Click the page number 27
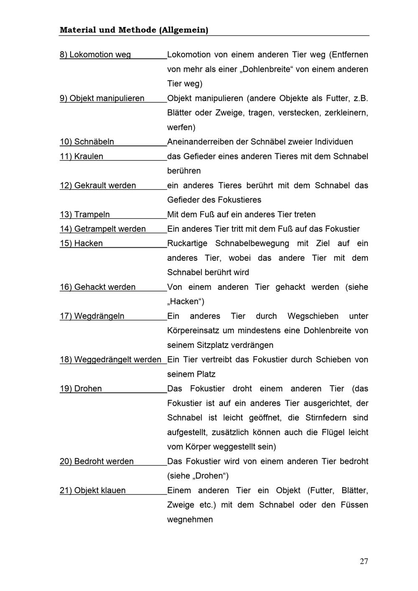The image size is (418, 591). click(x=364, y=561)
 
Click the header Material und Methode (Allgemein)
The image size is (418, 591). click(x=134, y=30)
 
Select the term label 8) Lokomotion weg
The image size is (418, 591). click(x=95, y=55)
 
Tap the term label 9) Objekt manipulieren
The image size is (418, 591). click(x=102, y=98)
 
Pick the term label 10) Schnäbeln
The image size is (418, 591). click(x=87, y=142)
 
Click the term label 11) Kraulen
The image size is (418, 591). click(x=82, y=156)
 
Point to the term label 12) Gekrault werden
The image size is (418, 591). click(x=98, y=185)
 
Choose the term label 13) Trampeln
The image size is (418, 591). click(x=85, y=215)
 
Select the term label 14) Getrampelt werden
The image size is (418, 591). click(x=103, y=229)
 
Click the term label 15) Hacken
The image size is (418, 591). click(x=81, y=244)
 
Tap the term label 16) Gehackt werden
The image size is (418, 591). click(x=98, y=287)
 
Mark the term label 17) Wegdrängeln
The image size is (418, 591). click(x=92, y=316)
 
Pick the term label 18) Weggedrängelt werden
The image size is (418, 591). click(x=110, y=360)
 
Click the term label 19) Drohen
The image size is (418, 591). click(x=81, y=389)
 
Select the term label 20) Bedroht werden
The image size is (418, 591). click(x=97, y=462)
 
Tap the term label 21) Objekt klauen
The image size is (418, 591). click(x=93, y=490)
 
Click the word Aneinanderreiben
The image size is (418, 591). click(x=200, y=142)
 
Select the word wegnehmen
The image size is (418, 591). click(x=190, y=520)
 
